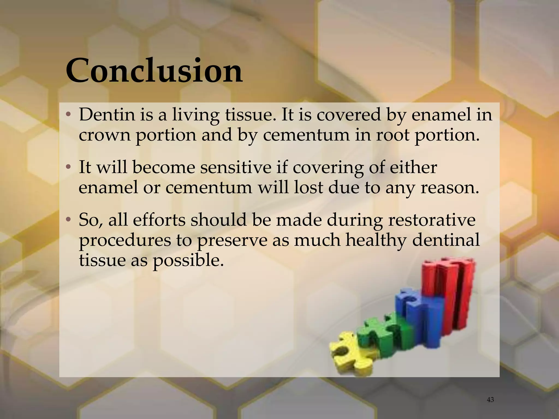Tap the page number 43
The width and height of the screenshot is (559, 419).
point(490,400)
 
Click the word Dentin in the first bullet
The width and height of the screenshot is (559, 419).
point(107,115)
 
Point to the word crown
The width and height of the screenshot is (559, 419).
point(104,135)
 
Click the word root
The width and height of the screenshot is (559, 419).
point(393,135)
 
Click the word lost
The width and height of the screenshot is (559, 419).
point(308,187)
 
